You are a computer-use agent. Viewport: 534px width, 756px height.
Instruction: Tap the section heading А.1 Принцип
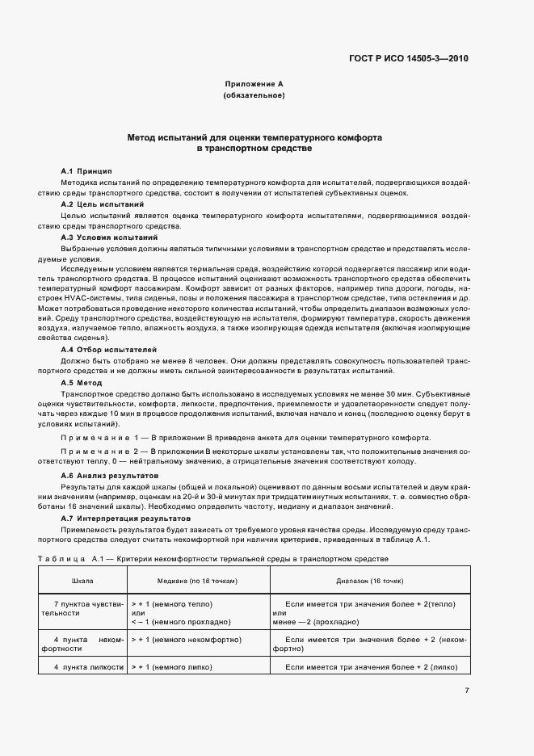[x=86, y=171]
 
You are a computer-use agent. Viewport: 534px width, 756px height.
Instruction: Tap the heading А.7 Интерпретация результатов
[x=126, y=517]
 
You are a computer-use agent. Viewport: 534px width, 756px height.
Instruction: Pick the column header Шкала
[x=82, y=581]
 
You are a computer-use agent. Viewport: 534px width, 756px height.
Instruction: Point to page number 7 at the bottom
[x=467, y=690]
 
